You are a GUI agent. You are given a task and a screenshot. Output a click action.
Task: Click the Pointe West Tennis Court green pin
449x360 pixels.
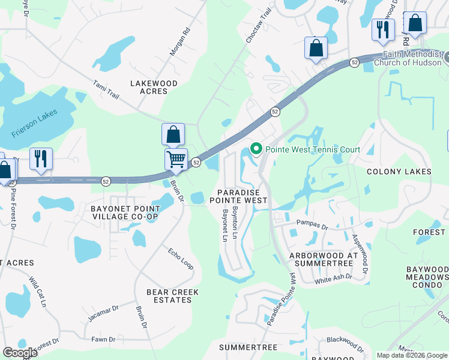pyautogui.click(x=256, y=148)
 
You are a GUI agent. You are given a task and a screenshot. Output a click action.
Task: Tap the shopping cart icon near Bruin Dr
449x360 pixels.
pyautogui.click(x=176, y=160)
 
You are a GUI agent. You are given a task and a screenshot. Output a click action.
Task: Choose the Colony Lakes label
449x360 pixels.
pyautogui.click(x=399, y=172)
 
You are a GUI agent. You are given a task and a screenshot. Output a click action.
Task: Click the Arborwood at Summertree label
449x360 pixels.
pyautogui.click(x=324, y=259)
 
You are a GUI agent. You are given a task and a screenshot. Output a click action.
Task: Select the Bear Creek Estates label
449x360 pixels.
pyautogui.click(x=173, y=296)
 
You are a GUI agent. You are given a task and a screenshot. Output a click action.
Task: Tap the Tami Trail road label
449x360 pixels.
pyautogui.click(x=106, y=91)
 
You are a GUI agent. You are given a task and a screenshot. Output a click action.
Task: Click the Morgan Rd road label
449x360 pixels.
pyautogui.click(x=179, y=42)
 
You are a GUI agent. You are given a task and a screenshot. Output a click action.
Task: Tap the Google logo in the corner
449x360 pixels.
pyautogui.click(x=20, y=353)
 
